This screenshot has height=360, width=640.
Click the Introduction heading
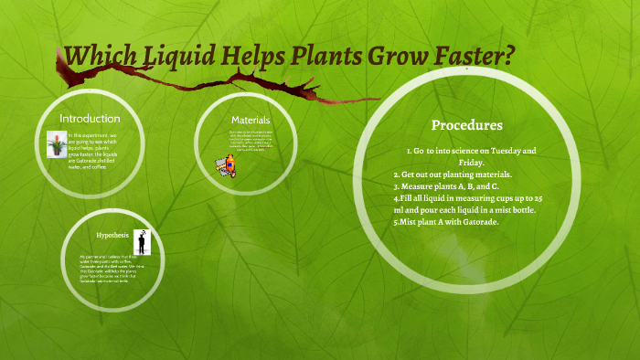90,119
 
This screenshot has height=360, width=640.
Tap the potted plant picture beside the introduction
56,144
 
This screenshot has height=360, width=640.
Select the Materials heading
250,120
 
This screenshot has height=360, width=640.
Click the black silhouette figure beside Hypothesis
142,242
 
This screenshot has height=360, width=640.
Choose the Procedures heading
466,125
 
